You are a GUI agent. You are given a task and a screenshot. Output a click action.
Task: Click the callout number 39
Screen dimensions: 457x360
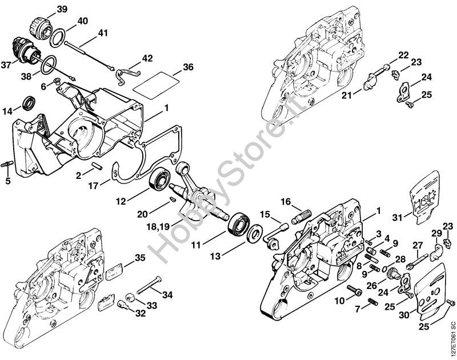(62, 9)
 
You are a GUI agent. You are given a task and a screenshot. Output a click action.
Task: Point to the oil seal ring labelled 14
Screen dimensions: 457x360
(29, 103)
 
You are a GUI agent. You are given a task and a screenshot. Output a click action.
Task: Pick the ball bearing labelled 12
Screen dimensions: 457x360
(160, 179)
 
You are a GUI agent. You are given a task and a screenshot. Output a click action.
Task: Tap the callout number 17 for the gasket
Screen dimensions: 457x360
(93, 186)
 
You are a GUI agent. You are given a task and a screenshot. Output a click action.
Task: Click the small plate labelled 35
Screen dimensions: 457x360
(114, 272)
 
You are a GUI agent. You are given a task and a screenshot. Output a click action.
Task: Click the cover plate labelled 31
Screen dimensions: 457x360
(424, 198)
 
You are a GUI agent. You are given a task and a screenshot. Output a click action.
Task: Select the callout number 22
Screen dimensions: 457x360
(404, 55)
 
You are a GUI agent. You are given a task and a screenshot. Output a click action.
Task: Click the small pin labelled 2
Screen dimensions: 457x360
(96, 166)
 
